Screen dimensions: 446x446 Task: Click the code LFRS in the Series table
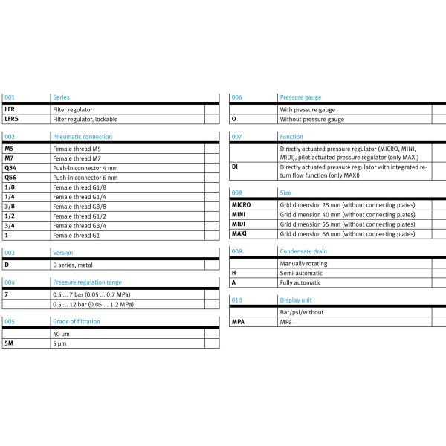[x=13, y=118]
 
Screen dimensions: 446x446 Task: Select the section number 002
[x=10, y=137]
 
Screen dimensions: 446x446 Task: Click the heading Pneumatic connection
[x=83, y=137]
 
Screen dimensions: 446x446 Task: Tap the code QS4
[x=10, y=169]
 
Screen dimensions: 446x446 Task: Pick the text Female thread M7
[x=77, y=159]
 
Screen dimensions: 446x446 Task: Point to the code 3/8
[x=9, y=207]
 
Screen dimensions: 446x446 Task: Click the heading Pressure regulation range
[x=87, y=282]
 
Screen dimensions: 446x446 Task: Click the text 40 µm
[x=61, y=334]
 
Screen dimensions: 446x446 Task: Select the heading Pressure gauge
[x=300, y=97]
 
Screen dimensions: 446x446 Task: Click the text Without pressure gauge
[x=311, y=119]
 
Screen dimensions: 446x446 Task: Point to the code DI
[x=235, y=167]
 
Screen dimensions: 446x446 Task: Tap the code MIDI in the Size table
[x=239, y=224]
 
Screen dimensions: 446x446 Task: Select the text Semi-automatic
[x=301, y=273]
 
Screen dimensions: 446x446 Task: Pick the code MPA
[x=238, y=323]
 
